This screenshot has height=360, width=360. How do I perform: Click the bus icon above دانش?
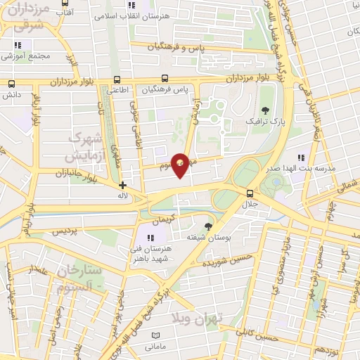tap(11, 84)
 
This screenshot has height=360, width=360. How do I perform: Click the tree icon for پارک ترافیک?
tap(265, 110)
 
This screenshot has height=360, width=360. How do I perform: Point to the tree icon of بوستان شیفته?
tap(208, 226)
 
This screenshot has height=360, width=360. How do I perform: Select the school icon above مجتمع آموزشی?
tap(14, 44)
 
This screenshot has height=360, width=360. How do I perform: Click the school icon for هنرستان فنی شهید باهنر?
tap(149, 236)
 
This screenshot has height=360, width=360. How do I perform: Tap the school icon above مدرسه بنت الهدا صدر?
tap(301, 157)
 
